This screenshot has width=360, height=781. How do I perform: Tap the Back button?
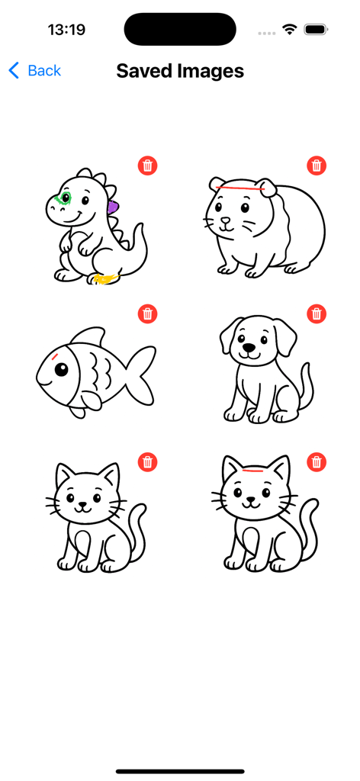coord(35,71)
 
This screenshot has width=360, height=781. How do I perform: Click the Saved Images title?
coord(180,71)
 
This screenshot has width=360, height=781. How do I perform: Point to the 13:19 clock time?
coord(66,30)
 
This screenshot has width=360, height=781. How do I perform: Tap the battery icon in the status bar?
coord(316,30)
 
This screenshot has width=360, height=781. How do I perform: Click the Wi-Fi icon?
coord(289,30)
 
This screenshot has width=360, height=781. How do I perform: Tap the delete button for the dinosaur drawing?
coord(148,166)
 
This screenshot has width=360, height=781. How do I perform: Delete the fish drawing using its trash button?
coord(148,313)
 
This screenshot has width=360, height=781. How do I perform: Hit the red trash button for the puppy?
coord(317,313)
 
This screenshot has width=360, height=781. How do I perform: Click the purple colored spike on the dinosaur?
coord(113,207)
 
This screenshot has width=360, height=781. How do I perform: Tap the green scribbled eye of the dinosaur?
coord(63,199)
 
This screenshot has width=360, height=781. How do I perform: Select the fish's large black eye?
coord(61,370)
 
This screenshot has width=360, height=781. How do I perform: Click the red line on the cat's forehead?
coord(249,471)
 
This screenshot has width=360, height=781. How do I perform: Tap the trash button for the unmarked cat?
coord(148,461)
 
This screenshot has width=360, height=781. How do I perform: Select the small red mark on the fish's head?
coord(56,355)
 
